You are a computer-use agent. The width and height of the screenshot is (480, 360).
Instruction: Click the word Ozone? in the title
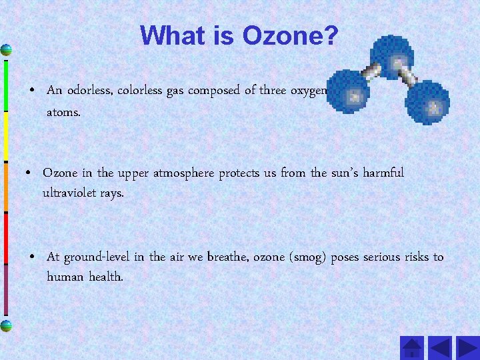point(291,35)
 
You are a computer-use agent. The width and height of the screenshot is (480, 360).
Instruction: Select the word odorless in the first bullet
point(89,91)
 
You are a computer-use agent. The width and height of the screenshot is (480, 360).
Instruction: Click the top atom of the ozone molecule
point(393,55)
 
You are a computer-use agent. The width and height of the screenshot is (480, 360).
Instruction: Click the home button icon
point(413,348)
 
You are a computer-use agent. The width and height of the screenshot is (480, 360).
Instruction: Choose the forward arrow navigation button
point(465,348)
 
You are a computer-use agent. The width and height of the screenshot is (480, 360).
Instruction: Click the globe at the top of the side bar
point(6,50)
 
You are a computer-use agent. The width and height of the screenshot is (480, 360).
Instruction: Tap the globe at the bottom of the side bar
point(6,325)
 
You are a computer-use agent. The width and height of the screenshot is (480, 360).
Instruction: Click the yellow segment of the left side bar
point(5,137)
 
